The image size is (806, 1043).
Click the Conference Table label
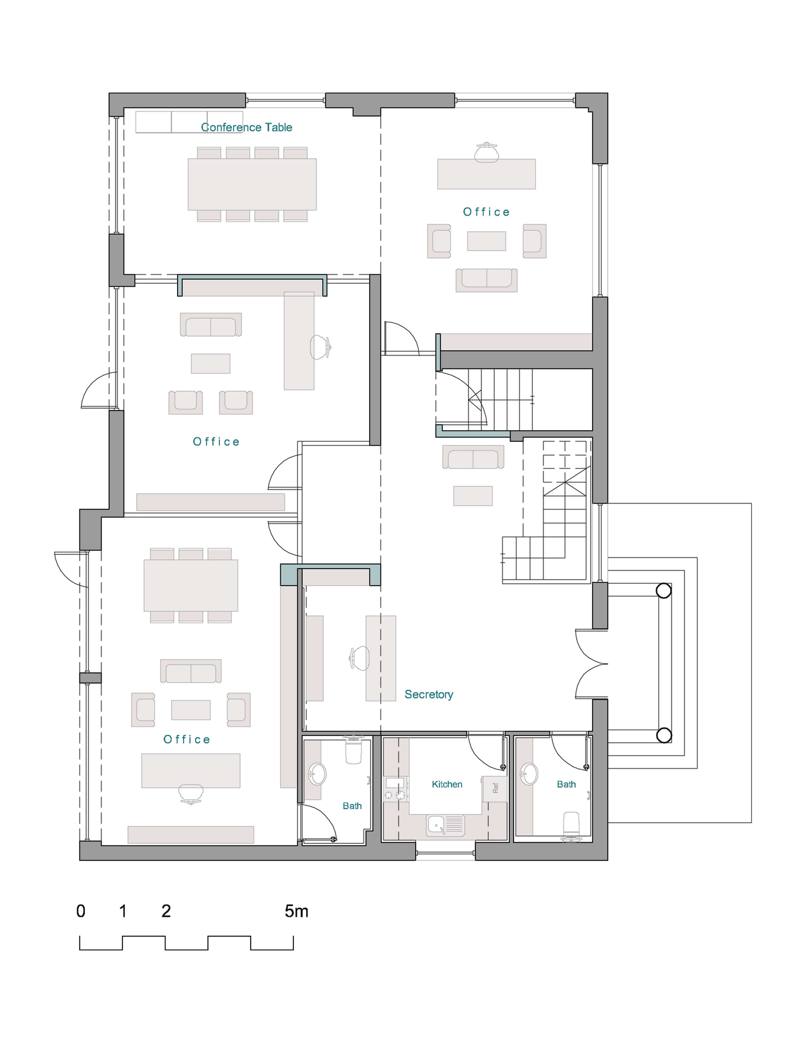coord(247,127)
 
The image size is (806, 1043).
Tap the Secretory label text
coord(428,694)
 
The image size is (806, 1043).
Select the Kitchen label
coord(447,784)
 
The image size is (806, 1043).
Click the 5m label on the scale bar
coord(296,911)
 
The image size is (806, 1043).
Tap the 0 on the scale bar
coord(81,911)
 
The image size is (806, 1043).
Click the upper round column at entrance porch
coord(663,591)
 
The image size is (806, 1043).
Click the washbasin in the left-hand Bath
coord(317,773)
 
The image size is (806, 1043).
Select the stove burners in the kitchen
coord(394,795)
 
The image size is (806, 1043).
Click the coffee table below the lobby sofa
coord(473,496)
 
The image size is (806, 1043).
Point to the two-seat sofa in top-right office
coord(486,279)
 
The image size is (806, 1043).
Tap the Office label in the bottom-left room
coord(187,739)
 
